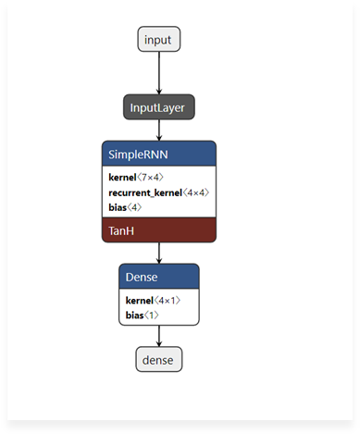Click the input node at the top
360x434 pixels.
158,39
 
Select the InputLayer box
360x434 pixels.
158,107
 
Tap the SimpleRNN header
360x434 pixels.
158,154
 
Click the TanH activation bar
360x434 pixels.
158,229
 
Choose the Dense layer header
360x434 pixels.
158,276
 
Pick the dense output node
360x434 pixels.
158,359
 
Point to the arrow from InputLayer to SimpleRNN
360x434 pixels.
158,130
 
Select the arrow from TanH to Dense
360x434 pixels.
158,253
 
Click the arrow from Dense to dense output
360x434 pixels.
158,336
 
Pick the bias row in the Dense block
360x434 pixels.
142,315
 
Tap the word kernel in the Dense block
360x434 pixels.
140,300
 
